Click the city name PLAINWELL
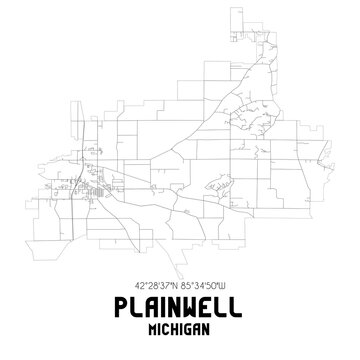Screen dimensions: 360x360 (180, 306)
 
